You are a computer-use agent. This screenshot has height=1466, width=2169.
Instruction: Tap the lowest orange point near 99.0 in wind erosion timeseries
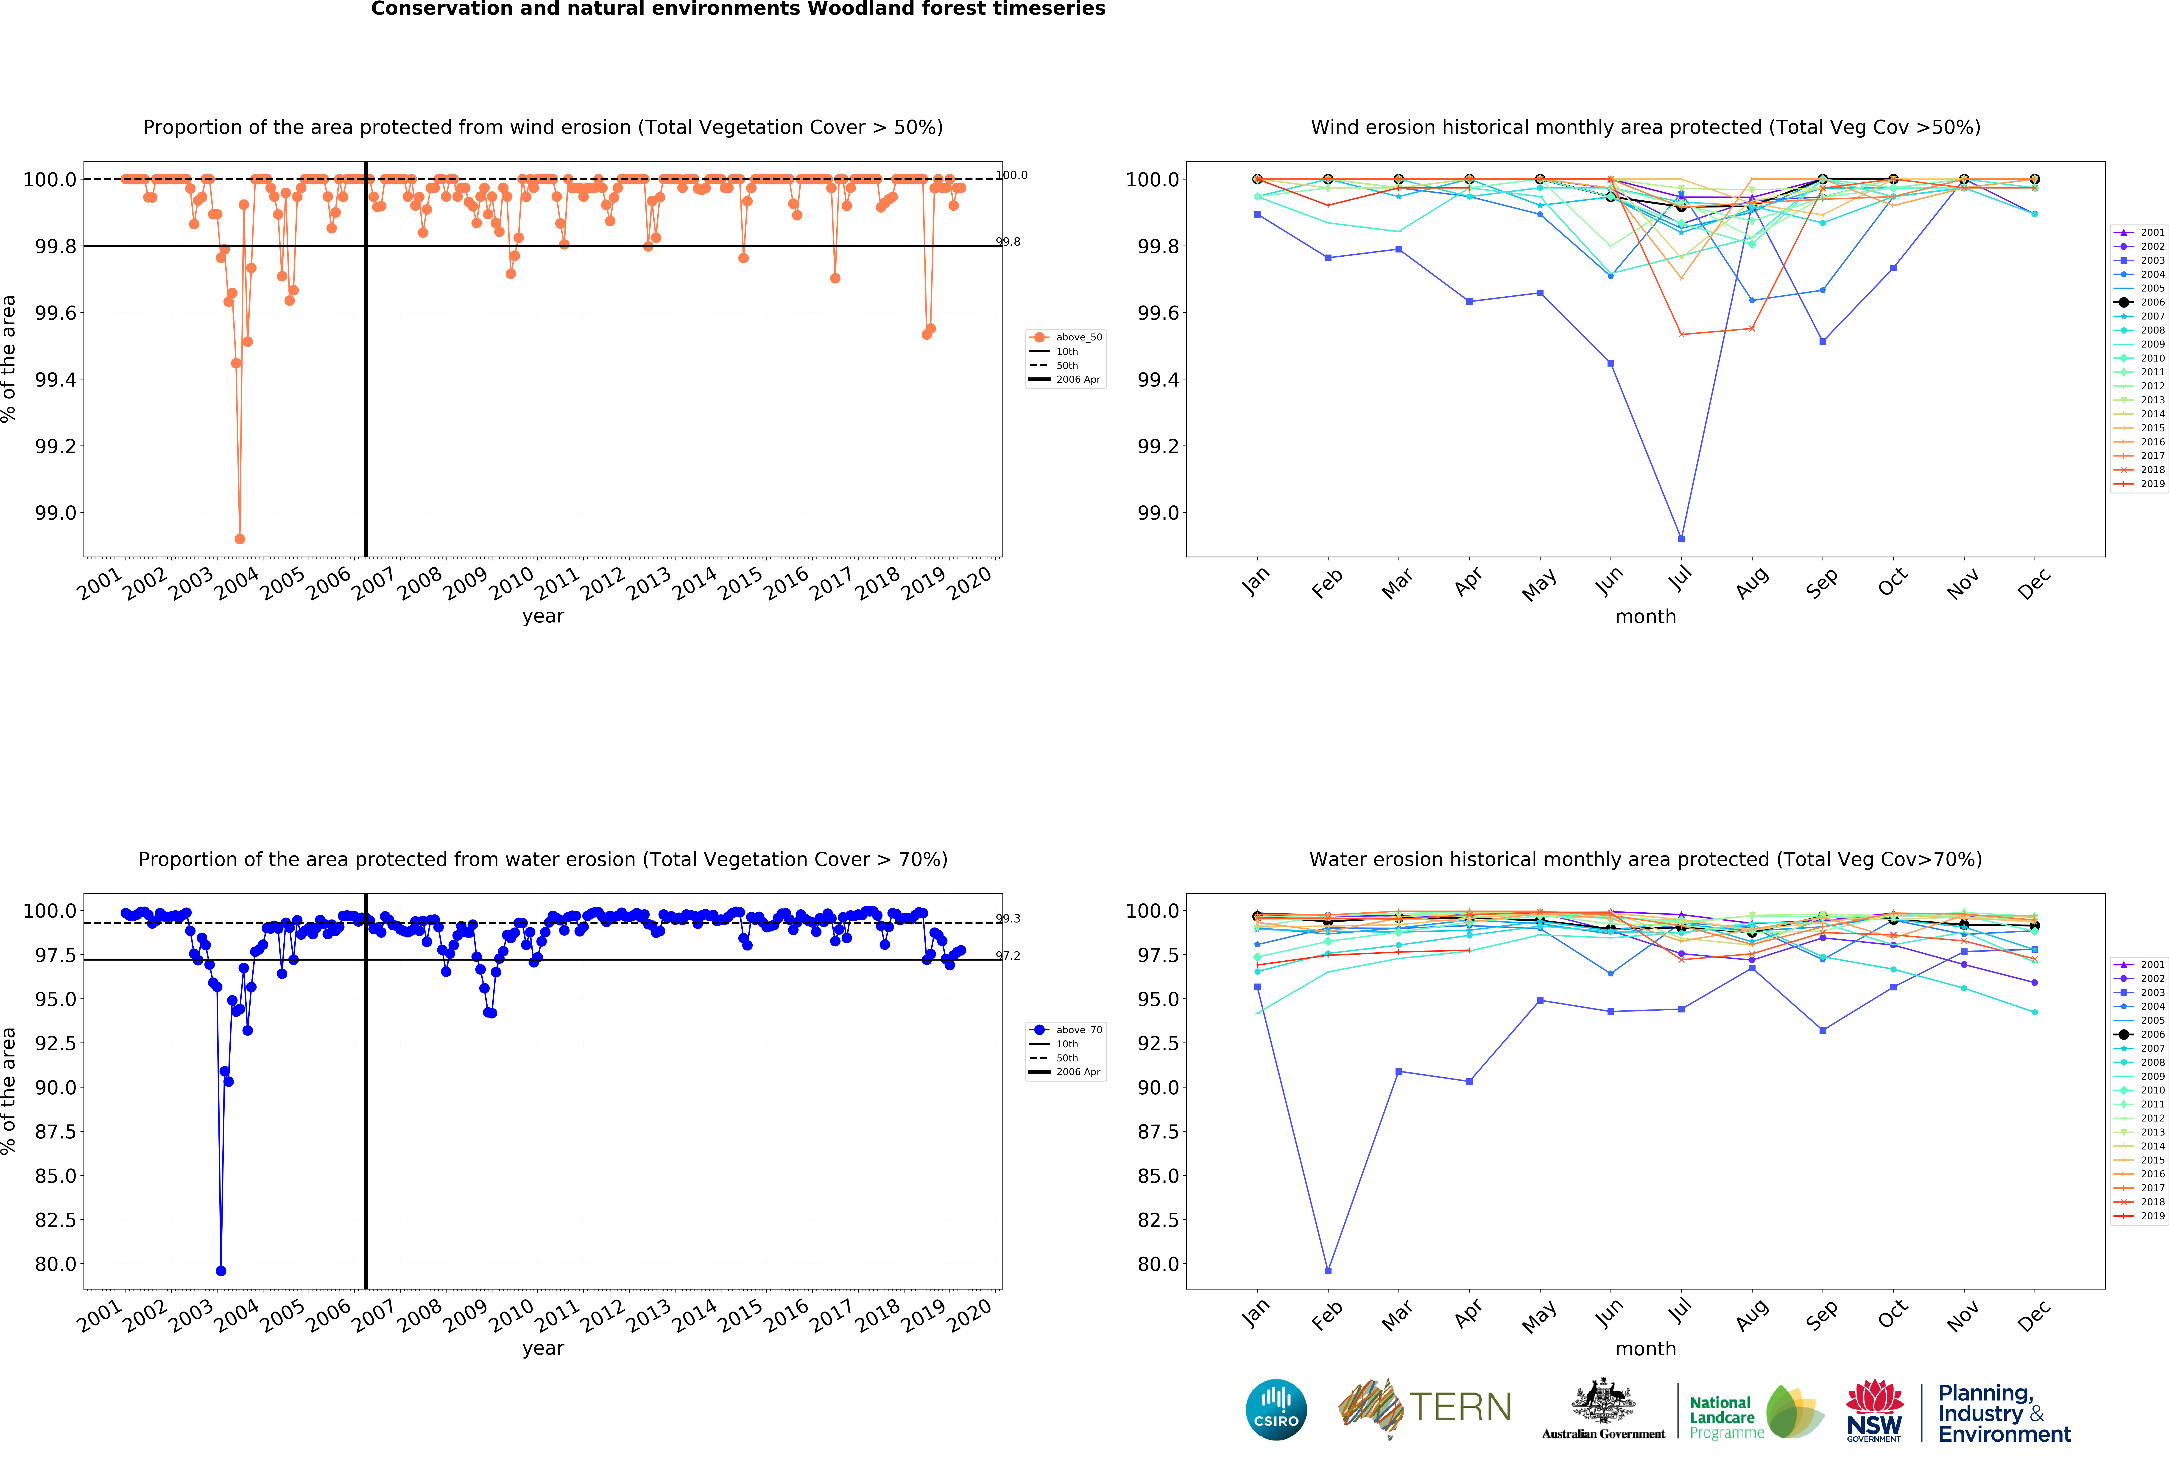click(x=240, y=539)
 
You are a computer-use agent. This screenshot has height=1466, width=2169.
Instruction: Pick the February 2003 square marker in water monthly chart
click(x=1328, y=1271)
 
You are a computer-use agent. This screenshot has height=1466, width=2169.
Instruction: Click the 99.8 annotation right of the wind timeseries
click(x=1008, y=242)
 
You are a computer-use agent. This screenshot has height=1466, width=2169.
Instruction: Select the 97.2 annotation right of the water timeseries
click(x=1008, y=956)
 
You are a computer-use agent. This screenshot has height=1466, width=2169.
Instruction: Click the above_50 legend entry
click(x=1078, y=337)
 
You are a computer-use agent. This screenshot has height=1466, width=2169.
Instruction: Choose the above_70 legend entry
click(x=1078, y=1030)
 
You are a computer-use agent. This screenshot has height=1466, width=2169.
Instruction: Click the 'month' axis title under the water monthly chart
click(x=1645, y=1348)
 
